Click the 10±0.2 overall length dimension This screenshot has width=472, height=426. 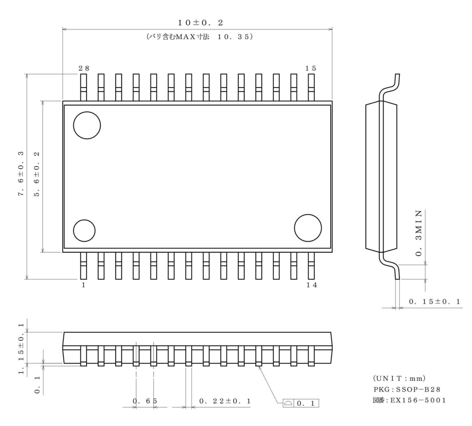(201, 23)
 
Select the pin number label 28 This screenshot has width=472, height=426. (84, 68)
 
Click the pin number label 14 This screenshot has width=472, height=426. (311, 285)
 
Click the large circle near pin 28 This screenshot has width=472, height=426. (87, 125)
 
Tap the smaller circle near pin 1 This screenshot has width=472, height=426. (84, 230)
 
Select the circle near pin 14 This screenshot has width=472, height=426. (308, 228)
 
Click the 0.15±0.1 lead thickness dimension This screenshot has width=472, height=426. (434, 302)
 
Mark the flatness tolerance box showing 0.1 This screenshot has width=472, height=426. (300, 403)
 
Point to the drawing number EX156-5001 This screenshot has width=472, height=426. (409, 400)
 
